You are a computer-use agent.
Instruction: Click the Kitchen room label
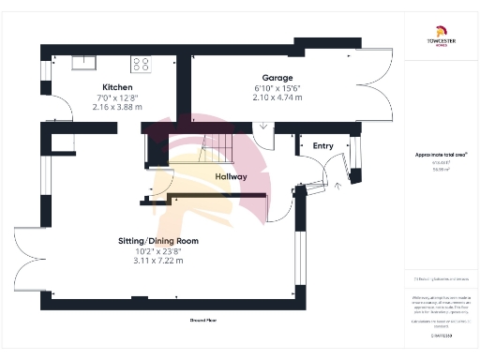click(116, 86)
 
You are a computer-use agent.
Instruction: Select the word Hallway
click(231, 176)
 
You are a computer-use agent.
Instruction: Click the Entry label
click(322, 145)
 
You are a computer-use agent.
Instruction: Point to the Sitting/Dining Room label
click(159, 241)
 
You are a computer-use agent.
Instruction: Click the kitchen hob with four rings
click(142, 64)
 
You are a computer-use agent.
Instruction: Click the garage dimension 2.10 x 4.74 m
click(277, 97)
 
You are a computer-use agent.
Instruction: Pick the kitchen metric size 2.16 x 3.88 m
click(116, 106)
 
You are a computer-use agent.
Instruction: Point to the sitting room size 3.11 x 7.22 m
click(158, 260)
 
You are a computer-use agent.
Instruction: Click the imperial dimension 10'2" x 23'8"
click(158, 250)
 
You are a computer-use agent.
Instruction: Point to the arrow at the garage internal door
click(262, 127)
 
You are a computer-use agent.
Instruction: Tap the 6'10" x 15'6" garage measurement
click(277, 87)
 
